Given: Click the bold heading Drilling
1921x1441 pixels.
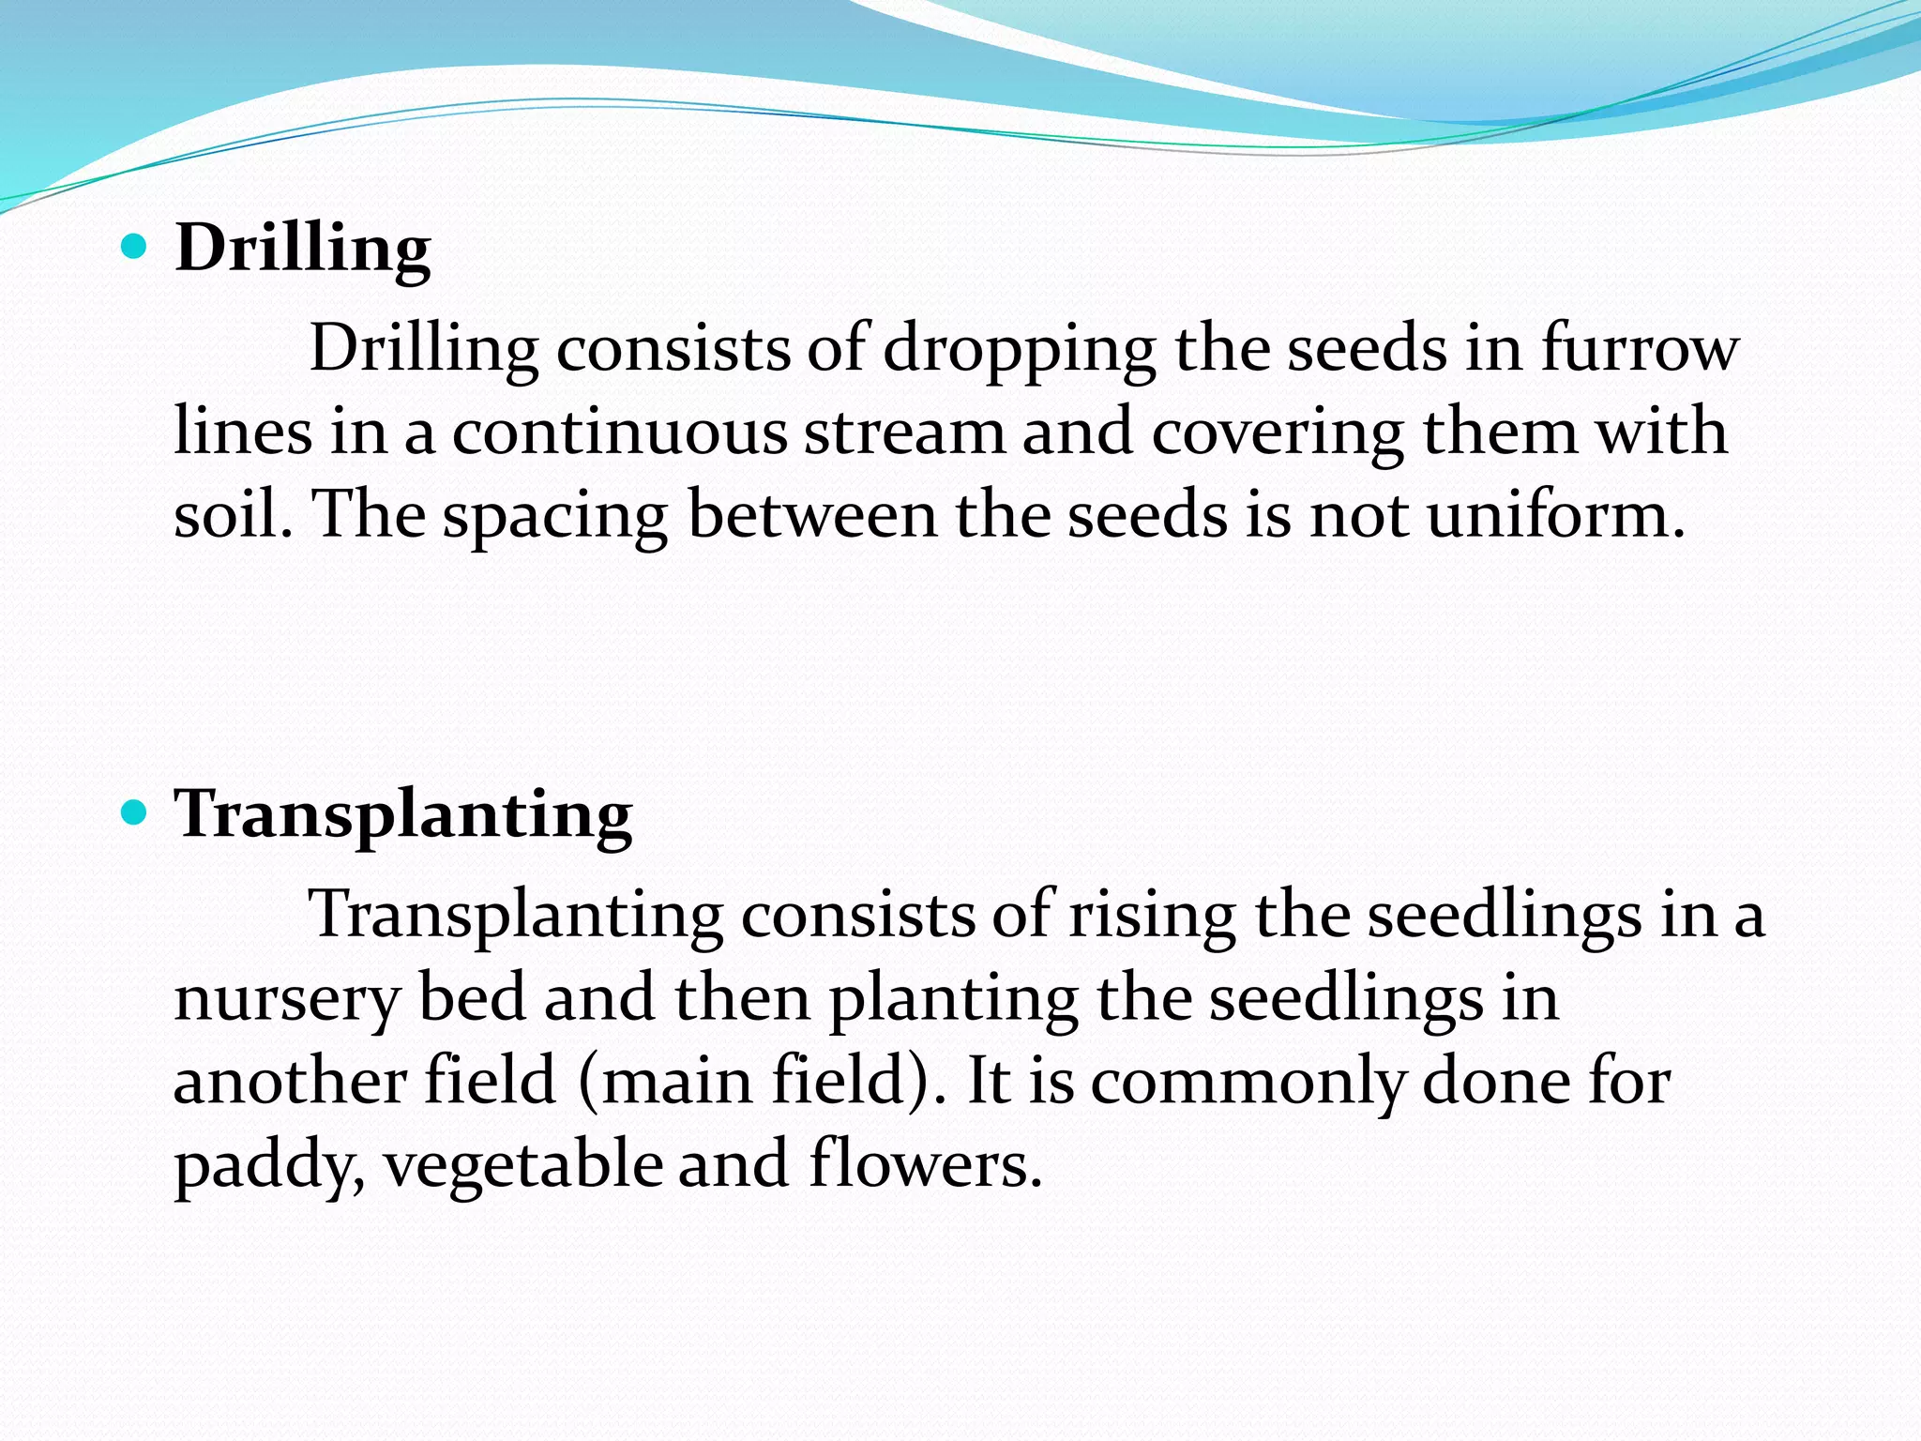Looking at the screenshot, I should coord(303,249).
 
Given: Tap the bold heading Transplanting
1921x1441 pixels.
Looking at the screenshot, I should coord(403,813).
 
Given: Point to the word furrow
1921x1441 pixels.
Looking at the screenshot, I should coord(1640,349).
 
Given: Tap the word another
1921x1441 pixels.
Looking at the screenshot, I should coord(290,1081).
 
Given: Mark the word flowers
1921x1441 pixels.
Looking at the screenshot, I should coord(925,1164).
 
